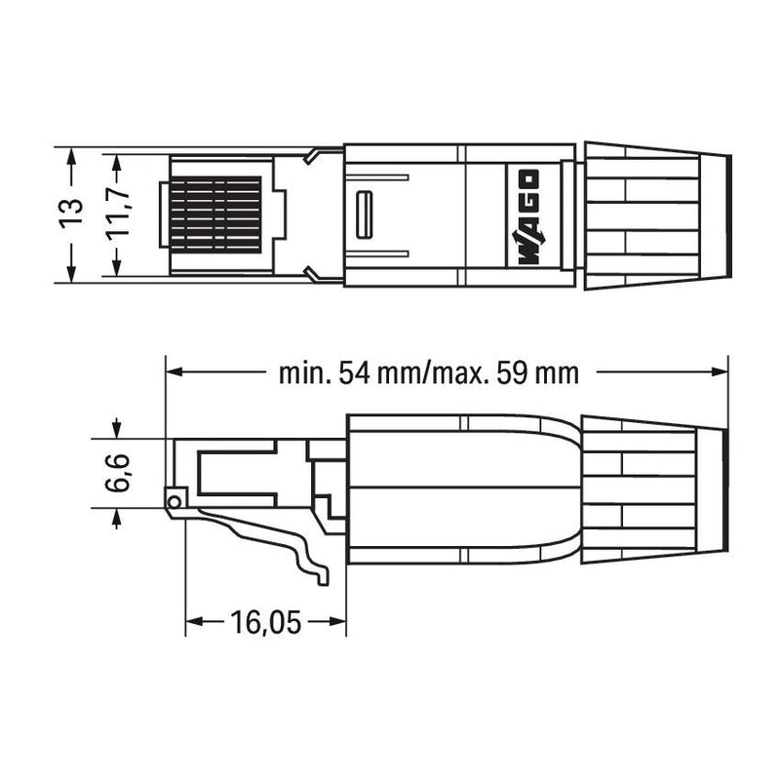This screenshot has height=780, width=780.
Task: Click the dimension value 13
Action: tap(70, 214)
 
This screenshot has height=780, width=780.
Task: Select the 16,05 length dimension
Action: tap(265, 621)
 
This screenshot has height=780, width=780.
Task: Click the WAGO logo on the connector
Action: tap(526, 216)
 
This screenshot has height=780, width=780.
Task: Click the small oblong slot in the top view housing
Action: tap(365, 214)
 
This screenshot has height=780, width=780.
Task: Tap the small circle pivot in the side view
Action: tap(175, 501)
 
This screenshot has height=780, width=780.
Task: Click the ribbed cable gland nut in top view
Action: tap(643, 215)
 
